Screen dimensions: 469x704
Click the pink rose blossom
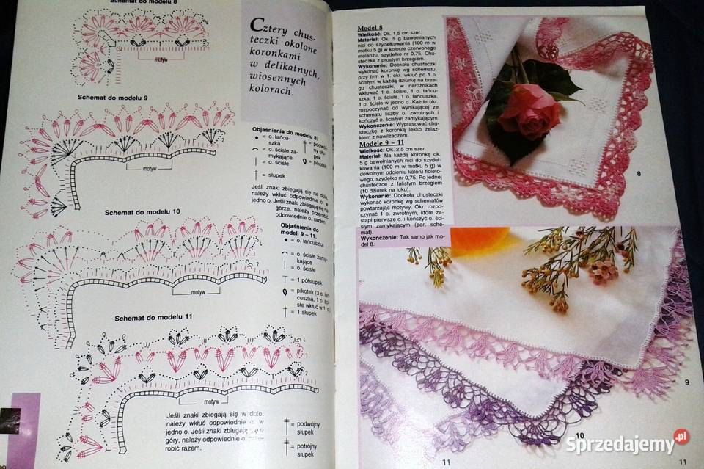[527, 110]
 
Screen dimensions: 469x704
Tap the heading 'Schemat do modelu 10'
[132, 211]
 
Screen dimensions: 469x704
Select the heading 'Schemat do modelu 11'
[153, 317]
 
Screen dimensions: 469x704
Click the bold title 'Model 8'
[370, 26]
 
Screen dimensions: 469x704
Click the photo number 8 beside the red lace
[639, 174]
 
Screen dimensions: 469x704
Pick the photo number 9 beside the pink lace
[687, 381]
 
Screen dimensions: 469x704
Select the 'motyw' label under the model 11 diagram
[212, 401]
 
